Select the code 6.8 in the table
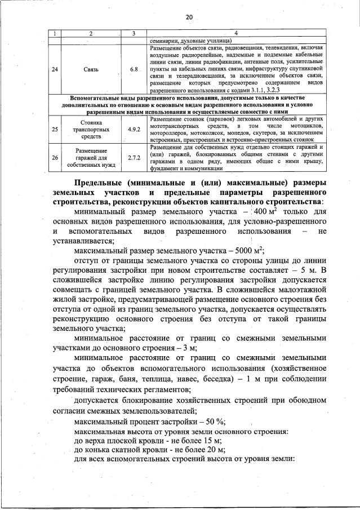pyautogui.click(x=134, y=69)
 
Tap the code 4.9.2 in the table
pyautogui.click(x=134, y=129)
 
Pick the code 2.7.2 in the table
pyautogui.click(x=134, y=158)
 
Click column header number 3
pyautogui.click(x=134, y=34)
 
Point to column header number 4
pyautogui.click(x=235, y=34)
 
